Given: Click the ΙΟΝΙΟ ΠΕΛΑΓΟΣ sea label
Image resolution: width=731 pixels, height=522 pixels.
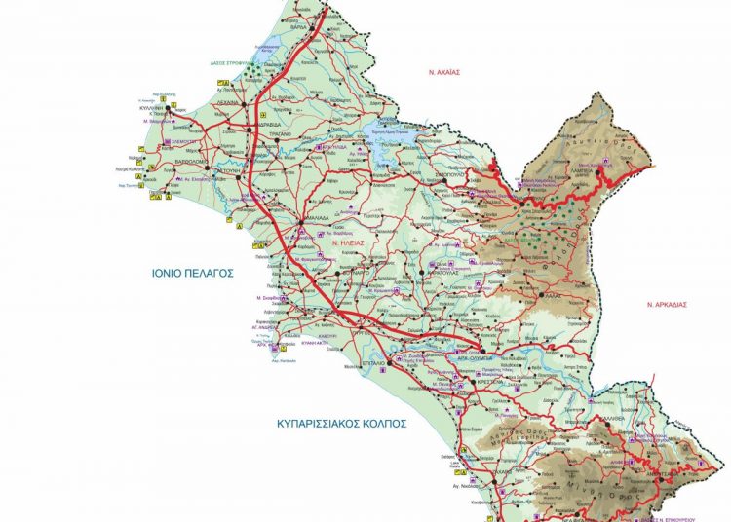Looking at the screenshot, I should click(192, 274).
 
